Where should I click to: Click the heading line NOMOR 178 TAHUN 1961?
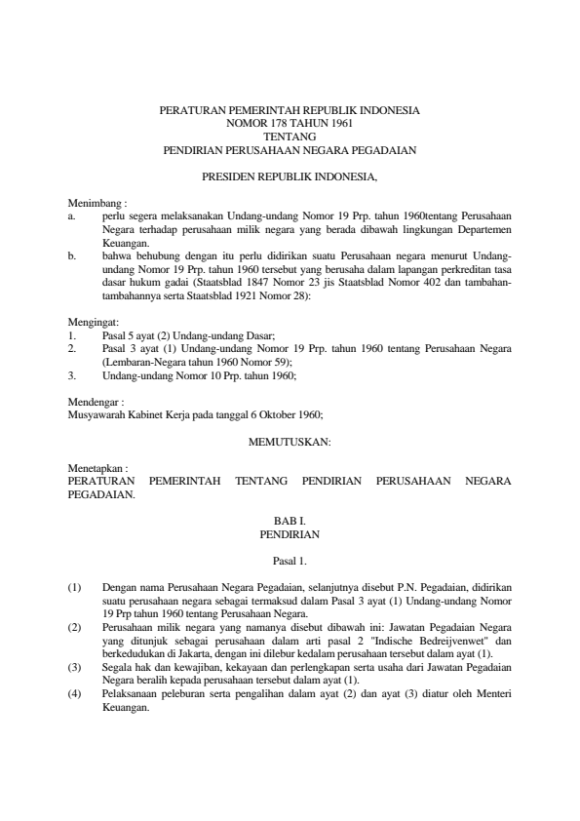coord(290,125)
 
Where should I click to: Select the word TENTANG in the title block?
coord(290,137)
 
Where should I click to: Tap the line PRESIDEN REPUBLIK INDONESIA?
coord(290,177)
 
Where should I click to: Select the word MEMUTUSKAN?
coord(290,442)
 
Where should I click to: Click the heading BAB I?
coord(290,522)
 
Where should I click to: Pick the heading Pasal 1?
coord(290,561)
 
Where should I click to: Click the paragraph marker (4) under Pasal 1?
coord(74,693)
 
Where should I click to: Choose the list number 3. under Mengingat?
coord(71,374)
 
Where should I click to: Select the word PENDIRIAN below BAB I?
coord(290,534)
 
